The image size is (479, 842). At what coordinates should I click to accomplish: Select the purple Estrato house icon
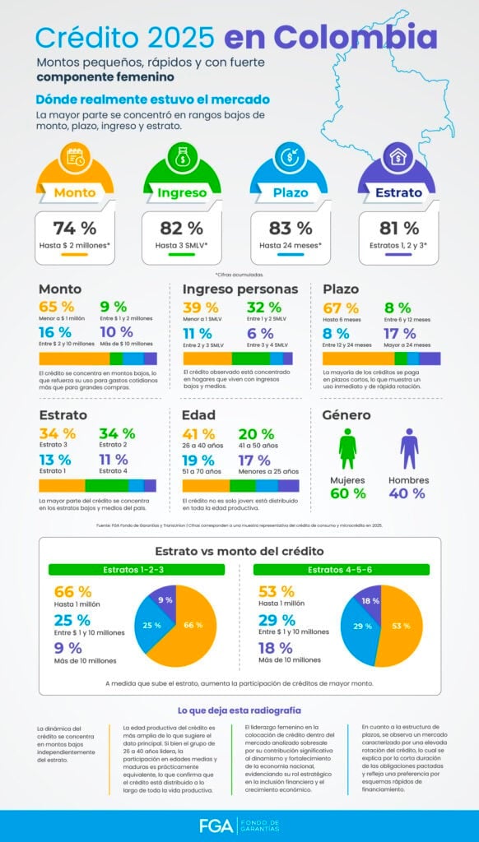click(397, 156)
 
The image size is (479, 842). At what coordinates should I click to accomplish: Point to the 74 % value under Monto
click(75, 228)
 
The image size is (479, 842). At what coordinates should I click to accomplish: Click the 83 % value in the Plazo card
click(291, 228)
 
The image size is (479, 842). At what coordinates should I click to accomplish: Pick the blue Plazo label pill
click(291, 193)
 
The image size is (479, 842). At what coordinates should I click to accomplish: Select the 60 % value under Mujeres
click(347, 493)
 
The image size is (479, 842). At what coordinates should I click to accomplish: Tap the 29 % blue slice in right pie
click(362, 627)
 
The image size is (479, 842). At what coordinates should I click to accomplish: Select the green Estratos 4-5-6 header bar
click(341, 569)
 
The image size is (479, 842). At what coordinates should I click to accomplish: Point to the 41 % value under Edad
click(198, 434)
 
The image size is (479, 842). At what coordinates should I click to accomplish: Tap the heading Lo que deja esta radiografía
click(239, 710)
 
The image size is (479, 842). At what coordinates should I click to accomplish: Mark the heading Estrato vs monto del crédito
click(239, 551)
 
